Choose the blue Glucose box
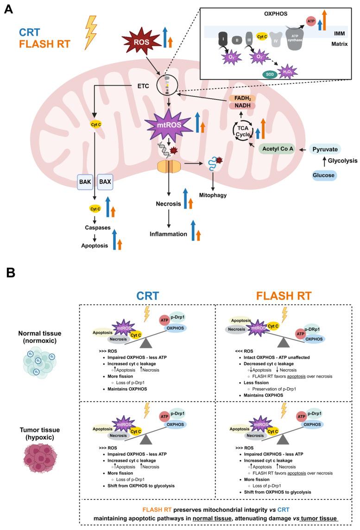click(324, 175)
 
